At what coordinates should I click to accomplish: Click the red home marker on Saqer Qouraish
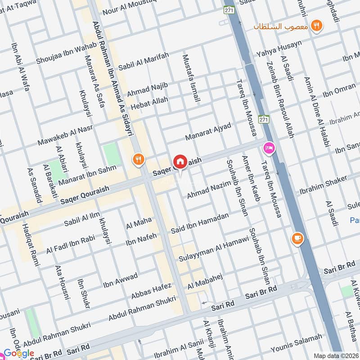(180, 162)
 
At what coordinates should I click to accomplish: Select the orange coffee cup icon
(297, 238)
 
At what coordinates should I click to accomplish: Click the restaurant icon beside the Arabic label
(318, 26)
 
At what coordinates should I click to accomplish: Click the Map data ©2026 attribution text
(335, 355)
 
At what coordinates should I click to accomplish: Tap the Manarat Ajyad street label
(208, 131)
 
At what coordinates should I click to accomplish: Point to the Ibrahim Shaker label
(323, 183)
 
